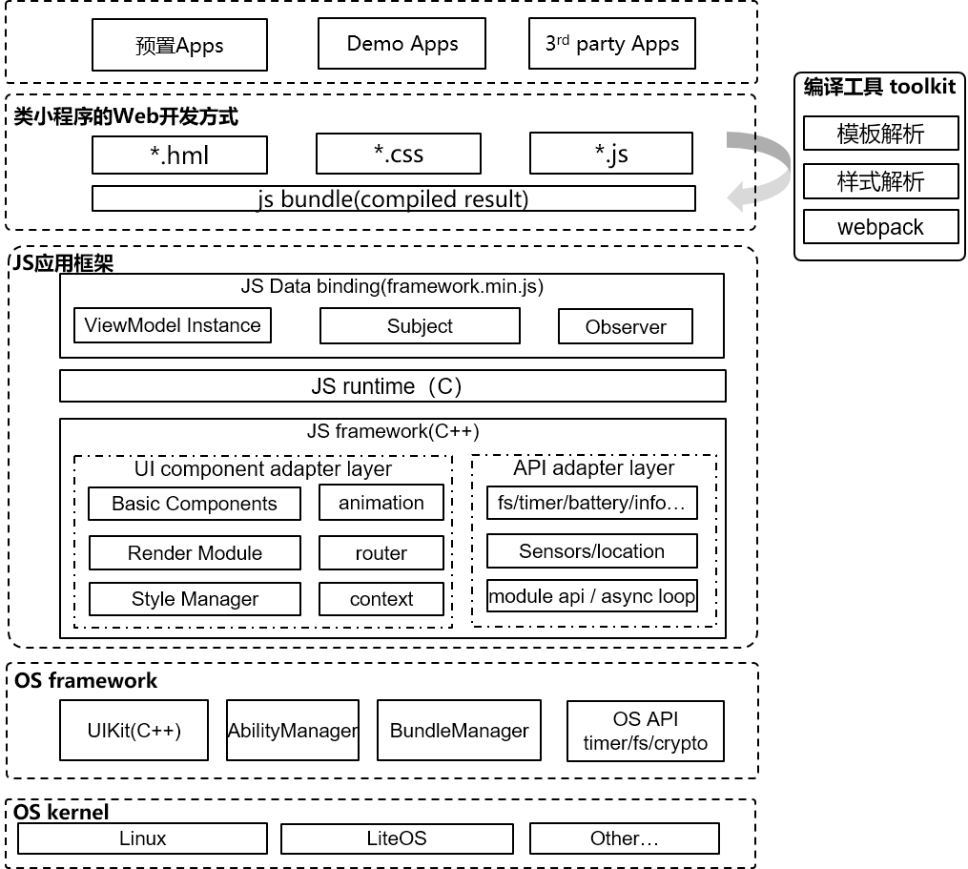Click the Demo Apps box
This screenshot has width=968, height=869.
(402, 44)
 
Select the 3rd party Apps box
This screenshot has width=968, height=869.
(611, 44)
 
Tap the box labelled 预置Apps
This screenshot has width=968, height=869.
(179, 46)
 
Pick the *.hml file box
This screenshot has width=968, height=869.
(179, 155)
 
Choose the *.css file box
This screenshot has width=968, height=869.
(398, 154)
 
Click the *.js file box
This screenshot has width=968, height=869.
(610, 153)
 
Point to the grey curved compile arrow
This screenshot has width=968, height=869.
(763, 170)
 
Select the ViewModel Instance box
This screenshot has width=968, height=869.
(173, 325)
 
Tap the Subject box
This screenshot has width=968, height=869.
(420, 326)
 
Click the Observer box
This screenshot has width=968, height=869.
(626, 326)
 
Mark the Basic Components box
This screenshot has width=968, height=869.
(195, 504)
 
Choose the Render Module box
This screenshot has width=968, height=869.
(195, 553)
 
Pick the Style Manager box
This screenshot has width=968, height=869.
(195, 599)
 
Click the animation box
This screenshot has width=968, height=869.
(381, 503)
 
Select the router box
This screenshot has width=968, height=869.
(381, 553)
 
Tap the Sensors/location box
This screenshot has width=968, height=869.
(591, 551)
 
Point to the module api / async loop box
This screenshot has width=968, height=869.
(591, 597)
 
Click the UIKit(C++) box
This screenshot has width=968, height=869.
(134, 731)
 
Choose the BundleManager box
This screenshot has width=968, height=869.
(459, 731)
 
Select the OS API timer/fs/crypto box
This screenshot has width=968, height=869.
(646, 731)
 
